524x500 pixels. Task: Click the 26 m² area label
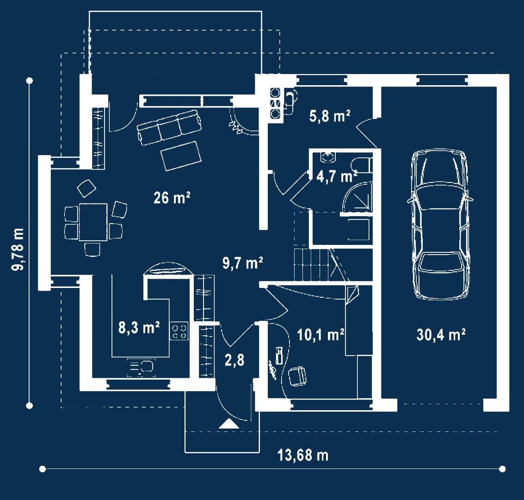pyautogui.click(x=172, y=198)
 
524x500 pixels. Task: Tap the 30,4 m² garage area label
pyautogui.click(x=441, y=334)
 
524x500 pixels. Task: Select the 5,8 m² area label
pyautogui.click(x=330, y=116)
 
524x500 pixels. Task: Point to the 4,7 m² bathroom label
pyautogui.click(x=337, y=176)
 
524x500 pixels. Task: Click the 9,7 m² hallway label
pyautogui.click(x=243, y=263)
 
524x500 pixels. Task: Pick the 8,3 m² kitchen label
pyautogui.click(x=139, y=327)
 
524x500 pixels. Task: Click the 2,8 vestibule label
pyautogui.click(x=234, y=360)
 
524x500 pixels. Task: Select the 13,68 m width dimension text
pyautogui.click(x=303, y=455)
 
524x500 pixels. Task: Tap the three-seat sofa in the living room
pyautogui.click(x=169, y=127)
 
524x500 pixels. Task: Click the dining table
pyautogui.click(x=93, y=222)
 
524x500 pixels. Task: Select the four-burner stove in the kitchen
pyautogui.click(x=179, y=331)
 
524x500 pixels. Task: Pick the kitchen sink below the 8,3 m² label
pyautogui.click(x=142, y=367)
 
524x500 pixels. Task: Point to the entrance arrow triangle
pyautogui.click(x=229, y=424)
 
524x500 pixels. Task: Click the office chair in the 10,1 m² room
pyautogui.click(x=297, y=376)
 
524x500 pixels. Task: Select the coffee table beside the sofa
pyautogui.click(x=181, y=156)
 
